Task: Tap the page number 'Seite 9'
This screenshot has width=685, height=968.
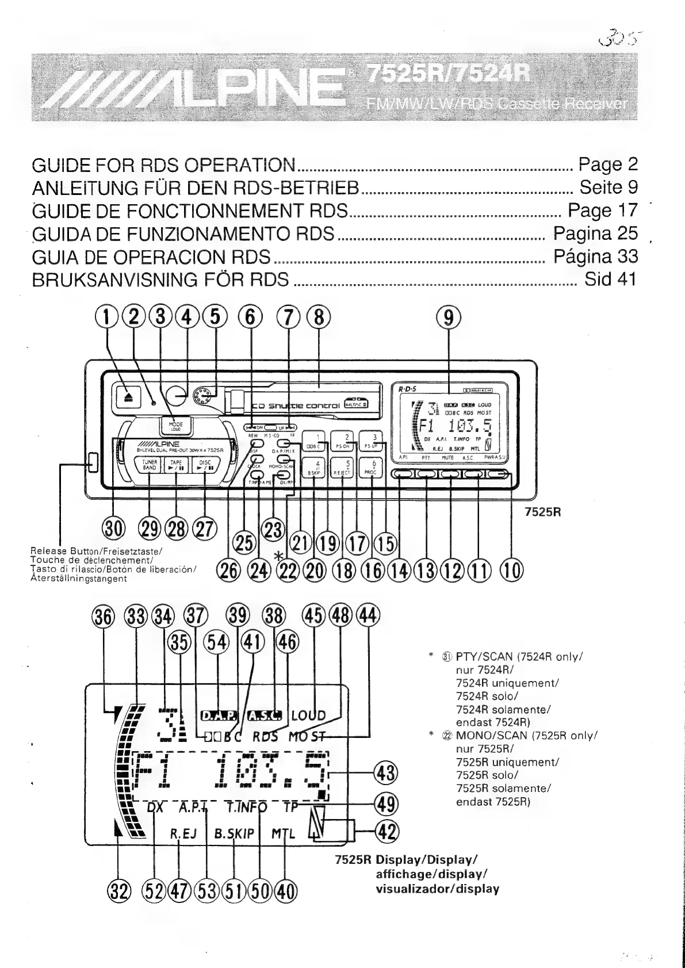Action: click(x=609, y=188)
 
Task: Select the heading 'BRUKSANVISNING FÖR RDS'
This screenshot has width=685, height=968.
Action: click(x=160, y=280)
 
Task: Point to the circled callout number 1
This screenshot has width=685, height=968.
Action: click(x=106, y=316)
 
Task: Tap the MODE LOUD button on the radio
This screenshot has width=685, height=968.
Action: click(x=176, y=426)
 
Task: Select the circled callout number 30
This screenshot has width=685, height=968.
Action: click(x=113, y=527)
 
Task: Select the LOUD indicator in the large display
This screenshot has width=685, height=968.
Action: click(x=308, y=716)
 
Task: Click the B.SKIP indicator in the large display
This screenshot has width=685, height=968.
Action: click(x=234, y=833)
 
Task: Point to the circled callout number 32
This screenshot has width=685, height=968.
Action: click(x=118, y=891)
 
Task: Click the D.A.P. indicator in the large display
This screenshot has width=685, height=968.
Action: click(x=218, y=716)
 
